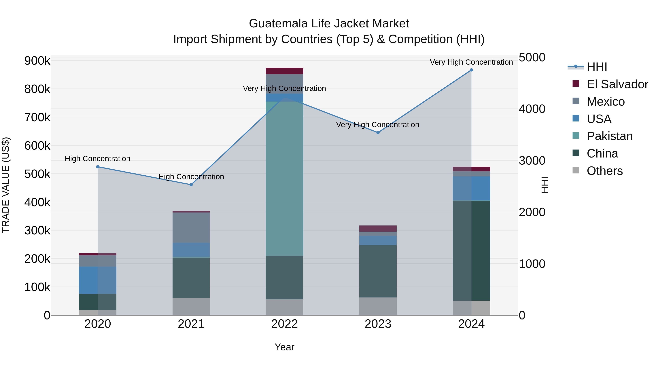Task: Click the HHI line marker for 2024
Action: (471, 70)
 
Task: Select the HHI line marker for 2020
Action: (98, 167)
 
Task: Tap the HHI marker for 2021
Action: (191, 185)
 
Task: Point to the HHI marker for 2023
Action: (378, 132)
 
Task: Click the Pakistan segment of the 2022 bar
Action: (284, 179)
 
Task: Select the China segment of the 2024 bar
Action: (471, 251)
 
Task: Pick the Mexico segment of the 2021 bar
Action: (191, 227)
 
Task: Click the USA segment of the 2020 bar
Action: (98, 280)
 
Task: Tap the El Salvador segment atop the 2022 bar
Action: (284, 71)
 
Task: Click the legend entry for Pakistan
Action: (609, 136)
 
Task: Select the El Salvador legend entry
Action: (617, 84)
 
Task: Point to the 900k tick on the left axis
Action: (37, 61)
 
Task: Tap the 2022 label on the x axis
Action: (284, 324)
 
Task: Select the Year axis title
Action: (284, 347)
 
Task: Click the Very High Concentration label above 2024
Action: (471, 62)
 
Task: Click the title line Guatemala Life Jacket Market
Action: (329, 24)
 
